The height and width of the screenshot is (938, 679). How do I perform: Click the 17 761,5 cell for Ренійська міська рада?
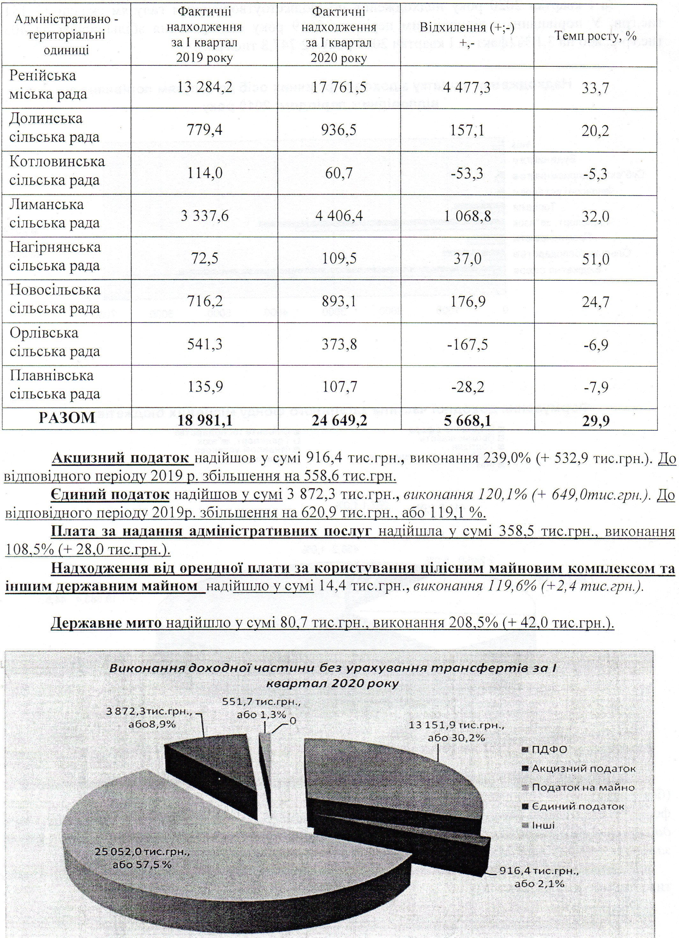click(339, 88)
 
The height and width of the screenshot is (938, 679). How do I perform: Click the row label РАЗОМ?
click(67, 418)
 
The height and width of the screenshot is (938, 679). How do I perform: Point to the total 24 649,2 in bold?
click(339, 421)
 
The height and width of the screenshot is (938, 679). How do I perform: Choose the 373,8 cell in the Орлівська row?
click(339, 345)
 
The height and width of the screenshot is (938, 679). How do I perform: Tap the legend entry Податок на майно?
click(582, 787)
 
